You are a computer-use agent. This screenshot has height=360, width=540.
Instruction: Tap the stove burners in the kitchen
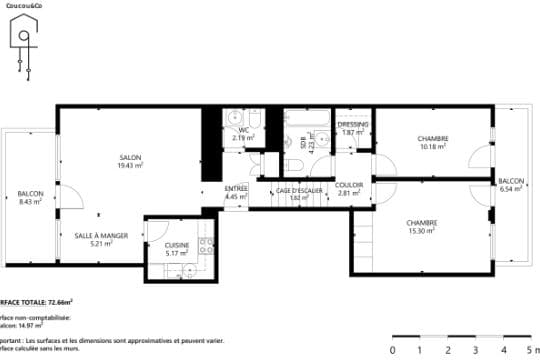coord(205,244)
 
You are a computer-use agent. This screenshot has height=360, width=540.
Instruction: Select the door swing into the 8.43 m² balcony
coord(70,197)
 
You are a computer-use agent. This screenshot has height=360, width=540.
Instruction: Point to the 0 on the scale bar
coord(392,349)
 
